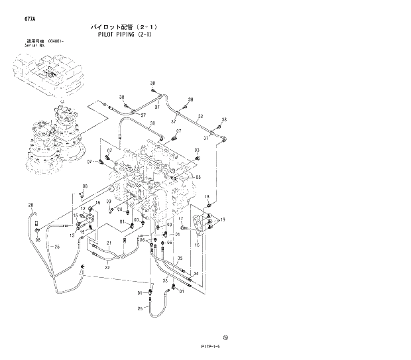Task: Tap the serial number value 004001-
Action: pos(57,40)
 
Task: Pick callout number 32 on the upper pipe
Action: pos(200,116)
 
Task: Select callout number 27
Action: pos(178,131)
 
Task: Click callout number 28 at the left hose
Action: pos(30,207)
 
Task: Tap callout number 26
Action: pos(57,247)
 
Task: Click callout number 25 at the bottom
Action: pos(140,308)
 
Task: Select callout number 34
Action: pos(196,272)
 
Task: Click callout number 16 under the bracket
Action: pos(196,245)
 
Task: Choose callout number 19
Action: pos(223,219)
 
